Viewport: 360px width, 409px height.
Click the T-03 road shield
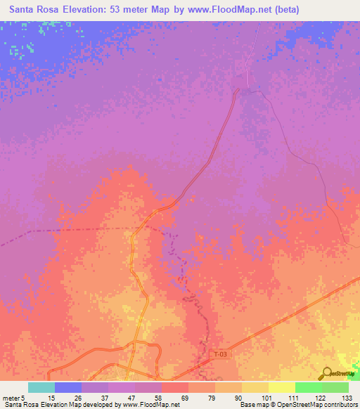coord(219,355)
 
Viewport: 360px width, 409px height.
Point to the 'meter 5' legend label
coord(12,398)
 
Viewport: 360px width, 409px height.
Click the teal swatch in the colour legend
coord(41,387)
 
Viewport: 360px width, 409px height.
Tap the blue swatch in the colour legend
coord(68,387)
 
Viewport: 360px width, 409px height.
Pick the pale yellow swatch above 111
coord(282,387)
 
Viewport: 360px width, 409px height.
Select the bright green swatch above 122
coord(309,387)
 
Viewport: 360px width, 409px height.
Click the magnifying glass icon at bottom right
coord(327,372)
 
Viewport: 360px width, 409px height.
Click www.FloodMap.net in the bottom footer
coord(150,405)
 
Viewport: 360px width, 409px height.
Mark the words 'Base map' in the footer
coord(252,405)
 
